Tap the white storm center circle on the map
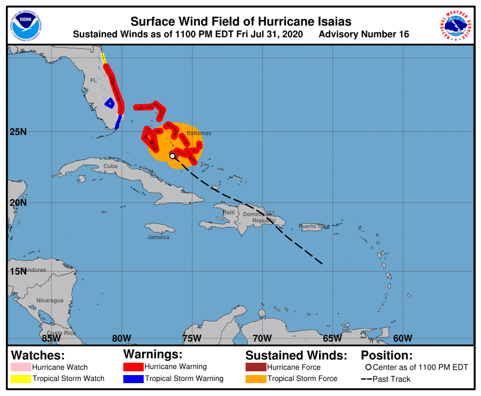coord(173,156)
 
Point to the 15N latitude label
coord(18,271)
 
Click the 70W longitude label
coord(262,338)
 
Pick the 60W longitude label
coord(402,338)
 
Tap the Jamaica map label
coord(158,237)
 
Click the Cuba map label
coord(110,166)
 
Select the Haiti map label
coord(229,212)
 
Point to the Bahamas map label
coord(199,133)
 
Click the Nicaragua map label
coord(50,300)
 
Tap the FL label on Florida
coord(93,80)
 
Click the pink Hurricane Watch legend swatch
coord(21,367)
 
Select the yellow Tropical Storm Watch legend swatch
coord(21,379)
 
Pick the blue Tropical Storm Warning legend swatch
coord(134,379)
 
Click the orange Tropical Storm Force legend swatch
coord(256,379)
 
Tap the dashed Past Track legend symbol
coord(367,379)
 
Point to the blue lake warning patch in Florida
coord(109,102)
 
